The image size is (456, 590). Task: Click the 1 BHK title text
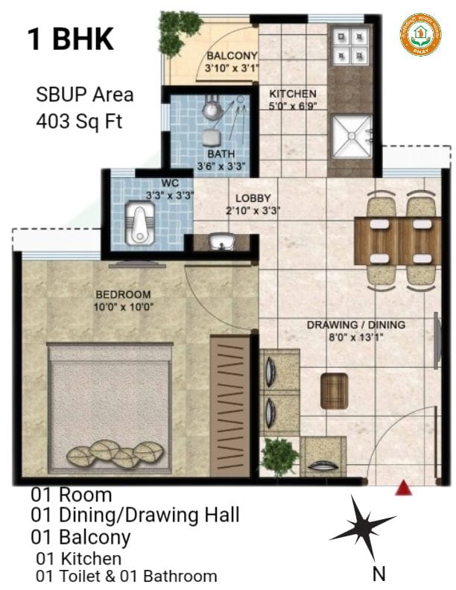click(71, 39)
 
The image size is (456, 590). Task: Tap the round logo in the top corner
click(420, 34)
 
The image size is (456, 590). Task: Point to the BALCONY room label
click(232, 56)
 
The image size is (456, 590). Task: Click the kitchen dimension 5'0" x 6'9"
click(293, 106)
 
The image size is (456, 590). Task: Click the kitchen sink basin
click(352, 138)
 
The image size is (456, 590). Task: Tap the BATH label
click(221, 154)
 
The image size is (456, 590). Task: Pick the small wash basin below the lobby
click(221, 242)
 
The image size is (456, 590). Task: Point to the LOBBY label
click(253, 198)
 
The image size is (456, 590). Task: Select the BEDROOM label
click(122, 294)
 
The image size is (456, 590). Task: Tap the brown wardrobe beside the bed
click(229, 406)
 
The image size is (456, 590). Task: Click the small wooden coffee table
click(335, 390)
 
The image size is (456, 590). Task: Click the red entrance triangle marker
click(403, 489)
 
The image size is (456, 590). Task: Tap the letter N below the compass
click(379, 574)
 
